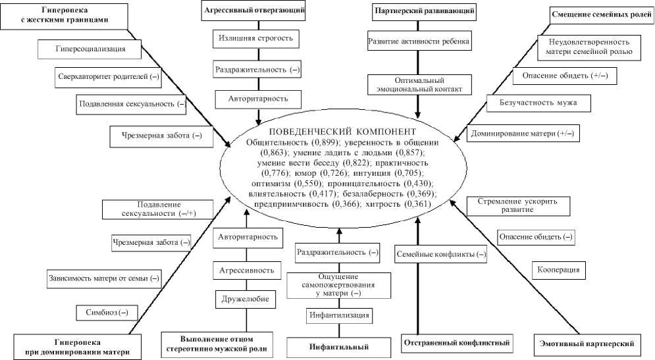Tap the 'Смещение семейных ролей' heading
[600, 13]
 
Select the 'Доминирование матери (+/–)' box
[522, 134]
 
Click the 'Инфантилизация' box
[339, 315]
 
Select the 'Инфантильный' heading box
[338, 346]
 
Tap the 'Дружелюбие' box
[246, 298]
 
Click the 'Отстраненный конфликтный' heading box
[456, 343]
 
